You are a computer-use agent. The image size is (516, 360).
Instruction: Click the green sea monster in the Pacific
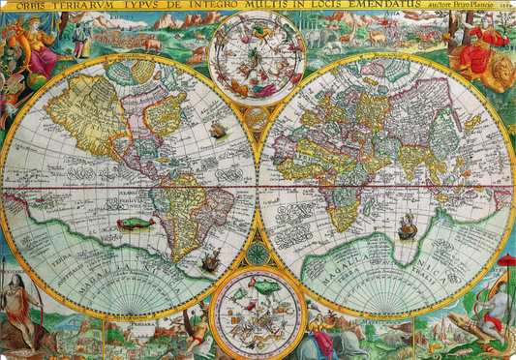click(x=136, y=224)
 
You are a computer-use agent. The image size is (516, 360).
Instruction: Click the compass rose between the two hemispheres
click(x=258, y=255)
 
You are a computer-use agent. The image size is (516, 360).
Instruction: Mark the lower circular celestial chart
click(x=258, y=313)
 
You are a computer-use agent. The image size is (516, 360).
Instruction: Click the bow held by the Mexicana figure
click(x=35, y=300)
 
